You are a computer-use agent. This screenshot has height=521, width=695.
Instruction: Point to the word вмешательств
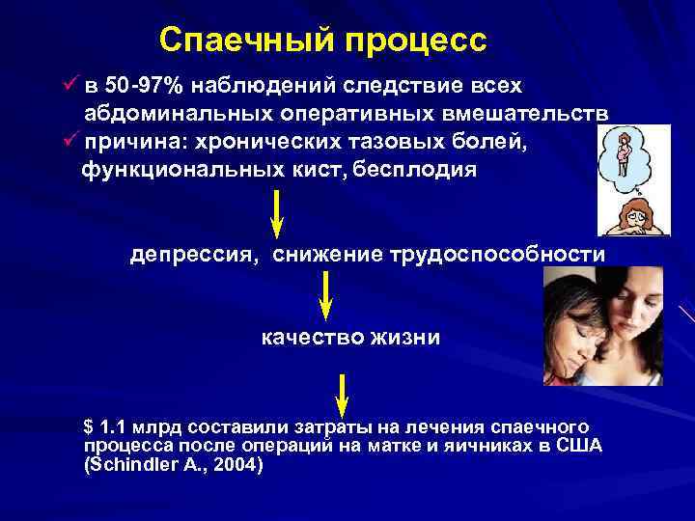click(x=521, y=113)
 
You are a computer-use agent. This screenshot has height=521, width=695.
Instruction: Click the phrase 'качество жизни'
click(x=350, y=338)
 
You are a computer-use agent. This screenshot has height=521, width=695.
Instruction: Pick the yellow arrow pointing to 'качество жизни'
click(x=325, y=296)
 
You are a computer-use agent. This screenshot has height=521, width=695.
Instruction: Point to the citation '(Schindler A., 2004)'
click(x=174, y=463)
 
